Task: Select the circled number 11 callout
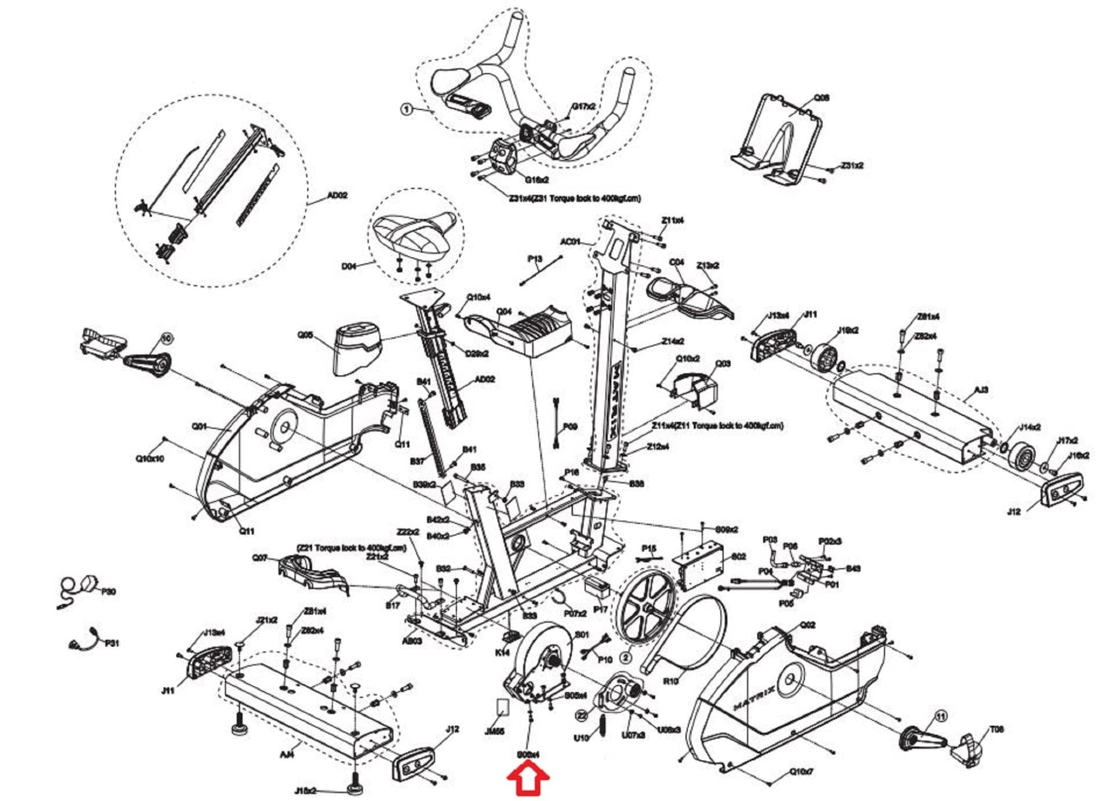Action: pyautogui.click(x=941, y=717)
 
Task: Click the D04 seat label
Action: pyautogui.click(x=350, y=266)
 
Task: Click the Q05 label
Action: pyautogui.click(x=306, y=335)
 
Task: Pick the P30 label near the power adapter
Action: pyautogui.click(x=108, y=592)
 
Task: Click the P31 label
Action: pyautogui.click(x=112, y=643)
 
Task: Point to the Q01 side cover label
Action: pyautogui.click(x=199, y=427)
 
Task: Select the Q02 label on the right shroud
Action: pyautogui.click(x=808, y=625)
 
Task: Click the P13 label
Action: pyautogui.click(x=534, y=259)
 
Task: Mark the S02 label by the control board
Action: pyautogui.click(x=739, y=556)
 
